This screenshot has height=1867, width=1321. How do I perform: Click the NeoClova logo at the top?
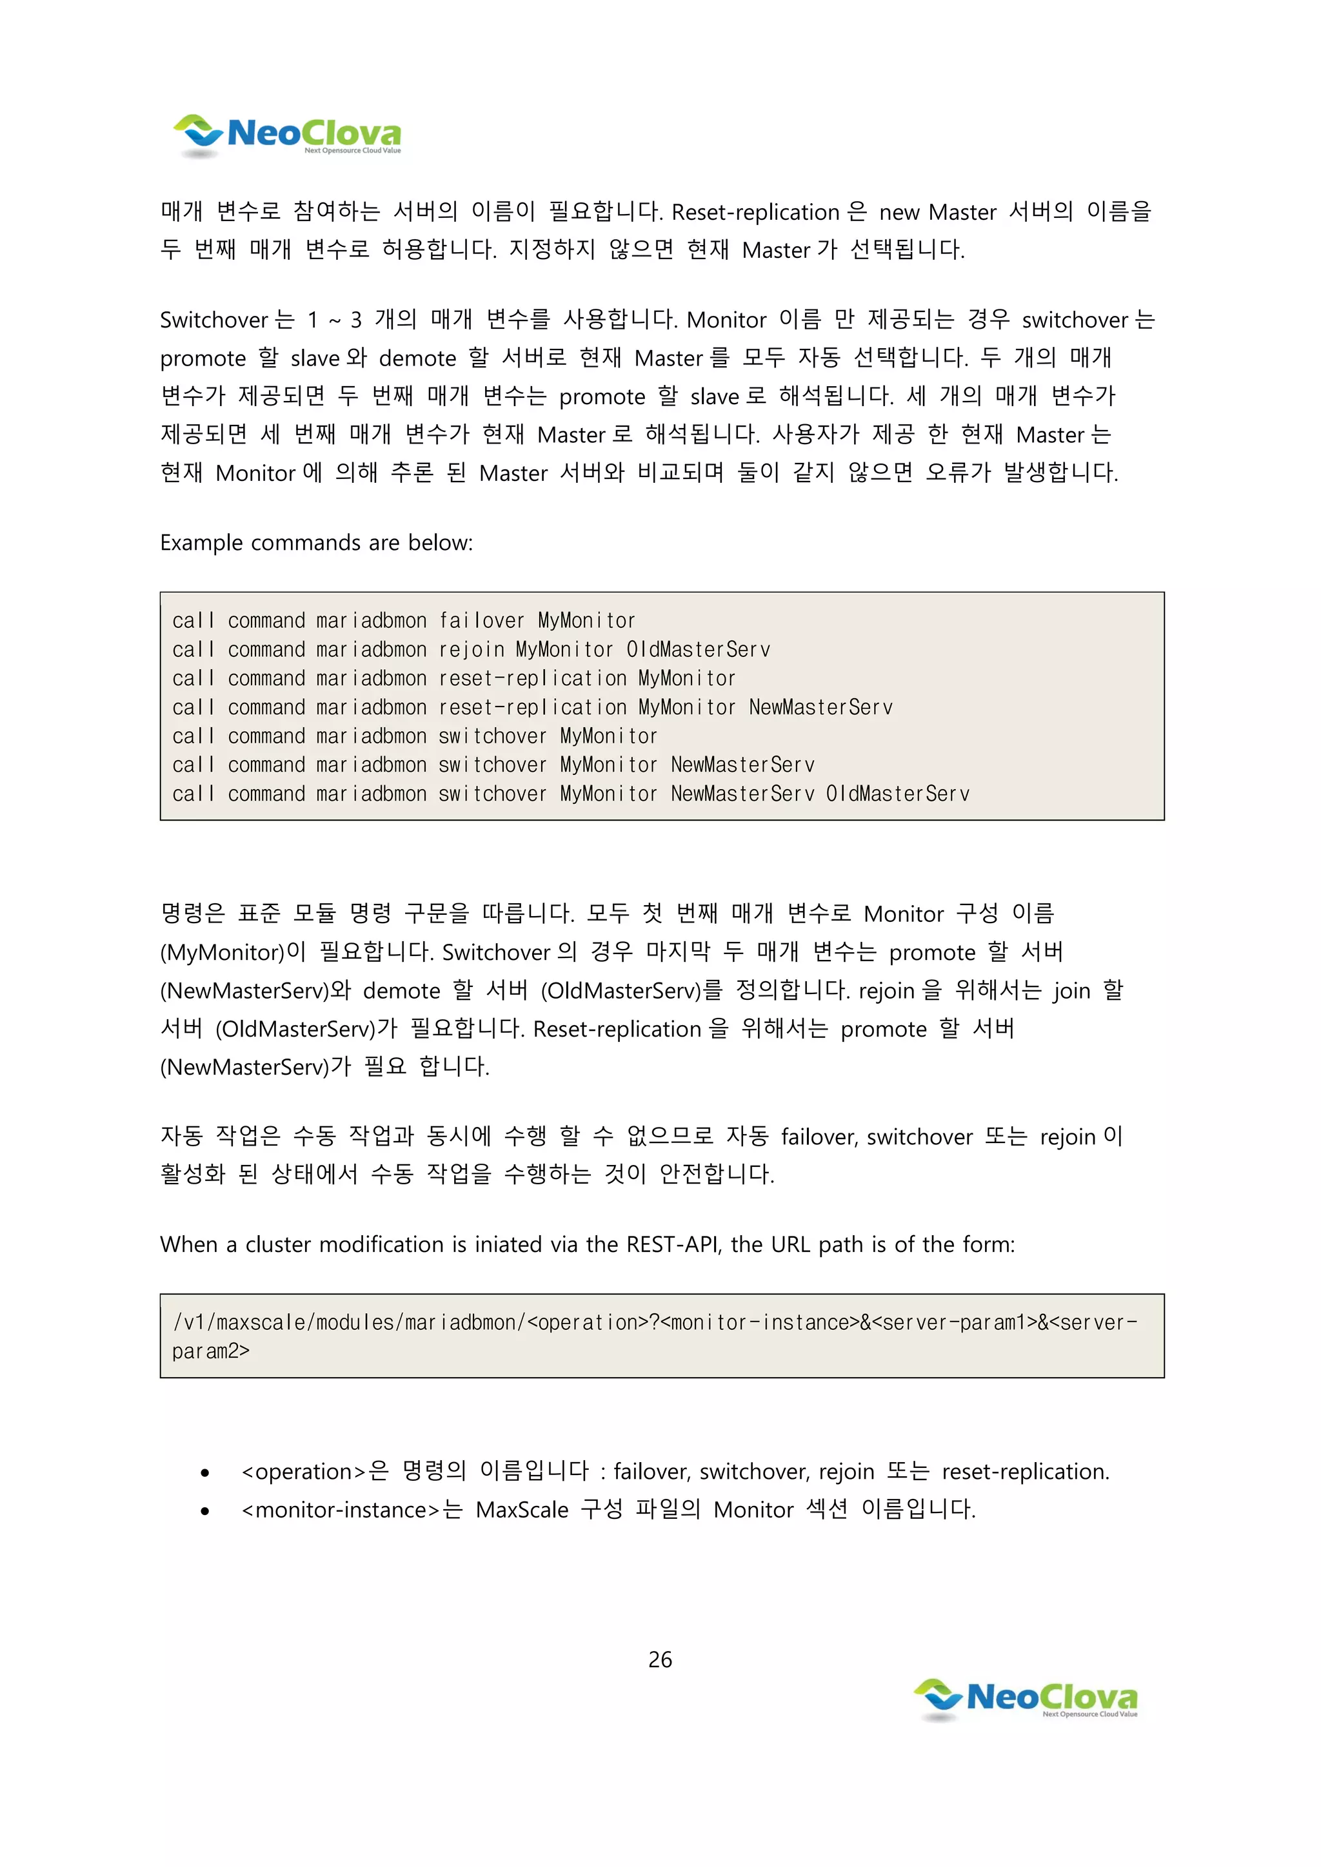click(286, 135)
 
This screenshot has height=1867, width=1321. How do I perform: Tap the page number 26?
click(660, 1659)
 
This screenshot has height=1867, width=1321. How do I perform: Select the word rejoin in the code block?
click(471, 650)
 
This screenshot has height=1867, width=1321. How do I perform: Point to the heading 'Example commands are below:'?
click(315, 542)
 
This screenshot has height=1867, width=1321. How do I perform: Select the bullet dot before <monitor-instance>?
click(205, 1511)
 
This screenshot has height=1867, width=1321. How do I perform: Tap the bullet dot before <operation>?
click(205, 1472)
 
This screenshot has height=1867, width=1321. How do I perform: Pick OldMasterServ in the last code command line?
click(897, 794)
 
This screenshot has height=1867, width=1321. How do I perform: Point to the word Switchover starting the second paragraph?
click(214, 320)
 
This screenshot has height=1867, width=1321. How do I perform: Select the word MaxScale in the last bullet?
click(521, 1510)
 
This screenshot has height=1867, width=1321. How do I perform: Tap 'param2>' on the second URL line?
click(211, 1351)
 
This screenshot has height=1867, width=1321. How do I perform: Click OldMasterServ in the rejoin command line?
click(698, 650)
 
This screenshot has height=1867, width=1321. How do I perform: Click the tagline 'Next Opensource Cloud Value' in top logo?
click(352, 150)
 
